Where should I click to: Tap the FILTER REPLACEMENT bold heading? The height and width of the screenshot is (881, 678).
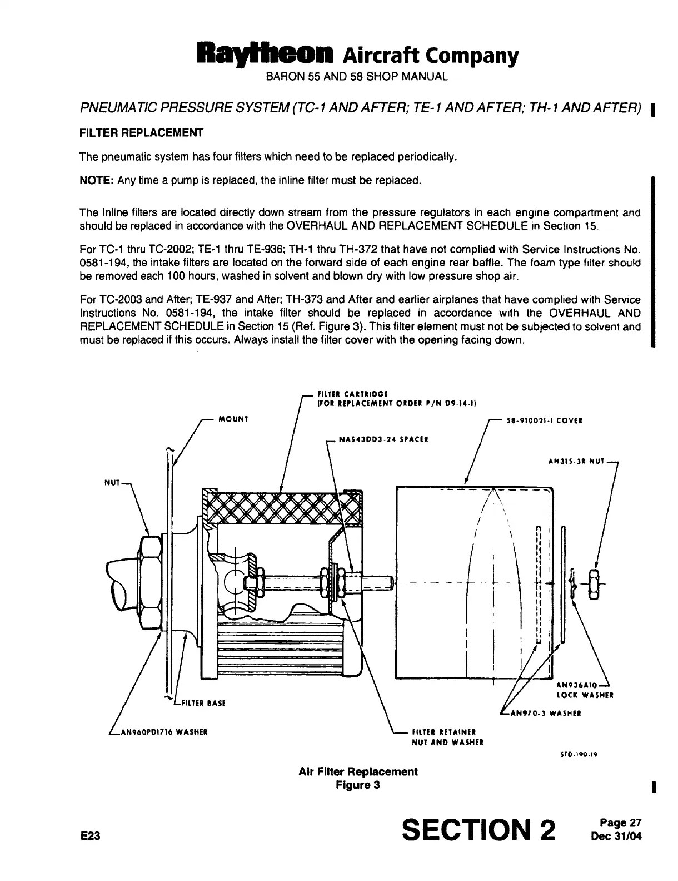point(141,133)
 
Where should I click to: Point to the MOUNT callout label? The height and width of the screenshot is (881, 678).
point(233,419)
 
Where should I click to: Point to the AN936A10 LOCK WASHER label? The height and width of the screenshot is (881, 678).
point(584,690)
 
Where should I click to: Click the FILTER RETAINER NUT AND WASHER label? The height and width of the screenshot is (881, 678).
point(447,737)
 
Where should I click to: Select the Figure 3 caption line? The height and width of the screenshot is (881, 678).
point(357,785)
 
